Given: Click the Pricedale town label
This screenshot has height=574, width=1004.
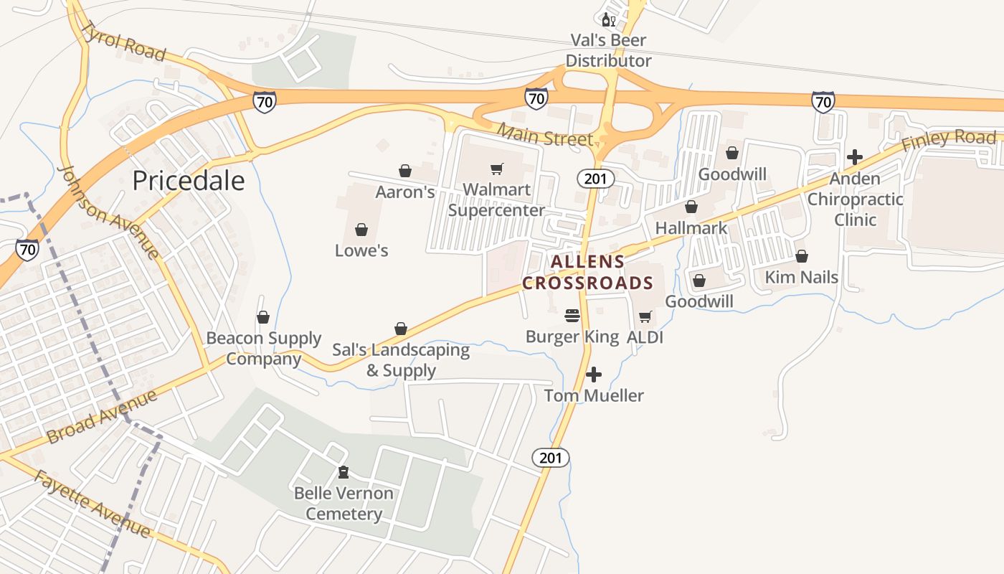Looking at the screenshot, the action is point(189,181).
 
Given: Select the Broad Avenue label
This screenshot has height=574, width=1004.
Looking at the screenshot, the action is point(102,418).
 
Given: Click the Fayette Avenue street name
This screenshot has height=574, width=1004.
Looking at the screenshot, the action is point(92,504).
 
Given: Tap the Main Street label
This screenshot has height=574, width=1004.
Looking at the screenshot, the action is point(545,134).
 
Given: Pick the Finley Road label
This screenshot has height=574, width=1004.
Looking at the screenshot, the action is point(949,139).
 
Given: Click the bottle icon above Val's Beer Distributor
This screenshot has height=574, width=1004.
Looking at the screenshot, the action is point(608,19).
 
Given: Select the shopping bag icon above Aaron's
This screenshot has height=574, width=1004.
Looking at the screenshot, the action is point(405,171).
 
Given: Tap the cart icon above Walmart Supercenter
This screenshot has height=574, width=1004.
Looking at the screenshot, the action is point(496,169).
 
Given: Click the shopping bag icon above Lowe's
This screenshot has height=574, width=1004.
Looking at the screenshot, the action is point(361,230).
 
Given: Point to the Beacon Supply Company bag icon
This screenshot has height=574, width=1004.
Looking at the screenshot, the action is point(263,317).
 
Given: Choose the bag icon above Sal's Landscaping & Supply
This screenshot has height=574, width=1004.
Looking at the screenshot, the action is point(401,329).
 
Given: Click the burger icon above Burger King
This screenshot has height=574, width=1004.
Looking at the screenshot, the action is point(572,316).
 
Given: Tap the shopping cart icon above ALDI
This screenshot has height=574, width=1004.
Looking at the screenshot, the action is point(645,316).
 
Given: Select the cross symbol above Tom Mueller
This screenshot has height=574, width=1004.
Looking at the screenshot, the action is point(594,375).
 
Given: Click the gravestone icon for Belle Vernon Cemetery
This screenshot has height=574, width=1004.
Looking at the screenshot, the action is point(344,472).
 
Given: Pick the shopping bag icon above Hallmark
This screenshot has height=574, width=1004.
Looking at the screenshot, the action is point(691,207).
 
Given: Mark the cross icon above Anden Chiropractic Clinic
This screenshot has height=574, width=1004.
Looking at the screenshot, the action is point(855,157).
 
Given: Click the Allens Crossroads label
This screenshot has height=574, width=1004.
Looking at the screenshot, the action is point(587,273).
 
